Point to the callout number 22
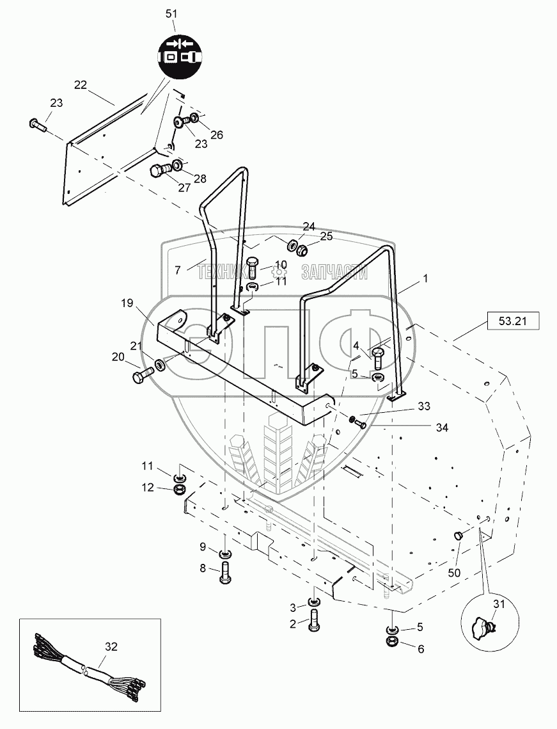[x=81, y=84]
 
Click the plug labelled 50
[x=458, y=536]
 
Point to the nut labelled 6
[x=391, y=641]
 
